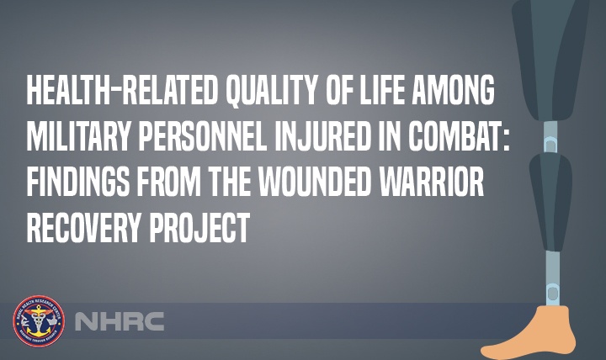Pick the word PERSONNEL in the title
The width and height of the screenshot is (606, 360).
pos(211,137)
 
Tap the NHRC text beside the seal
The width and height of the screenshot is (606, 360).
pos(119,321)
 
